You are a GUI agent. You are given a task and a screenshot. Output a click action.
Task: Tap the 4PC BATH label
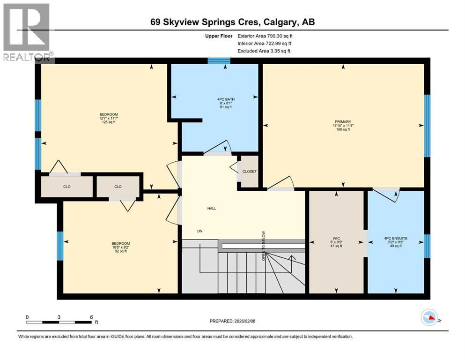tap(215, 99)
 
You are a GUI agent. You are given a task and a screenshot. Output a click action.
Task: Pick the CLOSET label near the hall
tap(249, 172)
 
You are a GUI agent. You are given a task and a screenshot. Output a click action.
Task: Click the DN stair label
tap(200, 231)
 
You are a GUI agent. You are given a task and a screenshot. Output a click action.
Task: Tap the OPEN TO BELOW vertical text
tap(264, 246)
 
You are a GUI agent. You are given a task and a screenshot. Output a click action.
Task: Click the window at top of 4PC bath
tap(219, 60)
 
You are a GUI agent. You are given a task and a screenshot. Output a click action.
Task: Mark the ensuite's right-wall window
tap(427, 246)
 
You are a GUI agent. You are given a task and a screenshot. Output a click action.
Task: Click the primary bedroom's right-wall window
tap(427, 126)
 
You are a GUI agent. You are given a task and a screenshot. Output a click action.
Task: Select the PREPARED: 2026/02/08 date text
tap(233, 321)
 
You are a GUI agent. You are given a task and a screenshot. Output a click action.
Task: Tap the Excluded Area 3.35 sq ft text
tap(264, 51)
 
